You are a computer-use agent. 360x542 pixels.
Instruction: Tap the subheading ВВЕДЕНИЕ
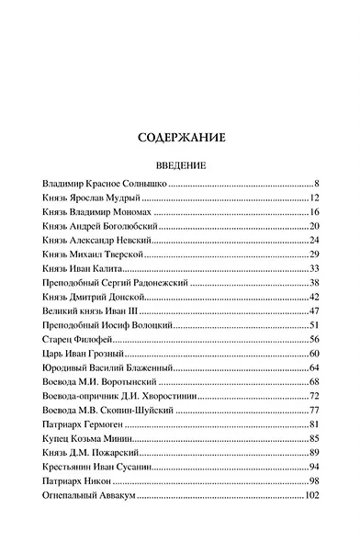tap(180, 166)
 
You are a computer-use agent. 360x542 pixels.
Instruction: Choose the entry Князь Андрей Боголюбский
tap(96, 225)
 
